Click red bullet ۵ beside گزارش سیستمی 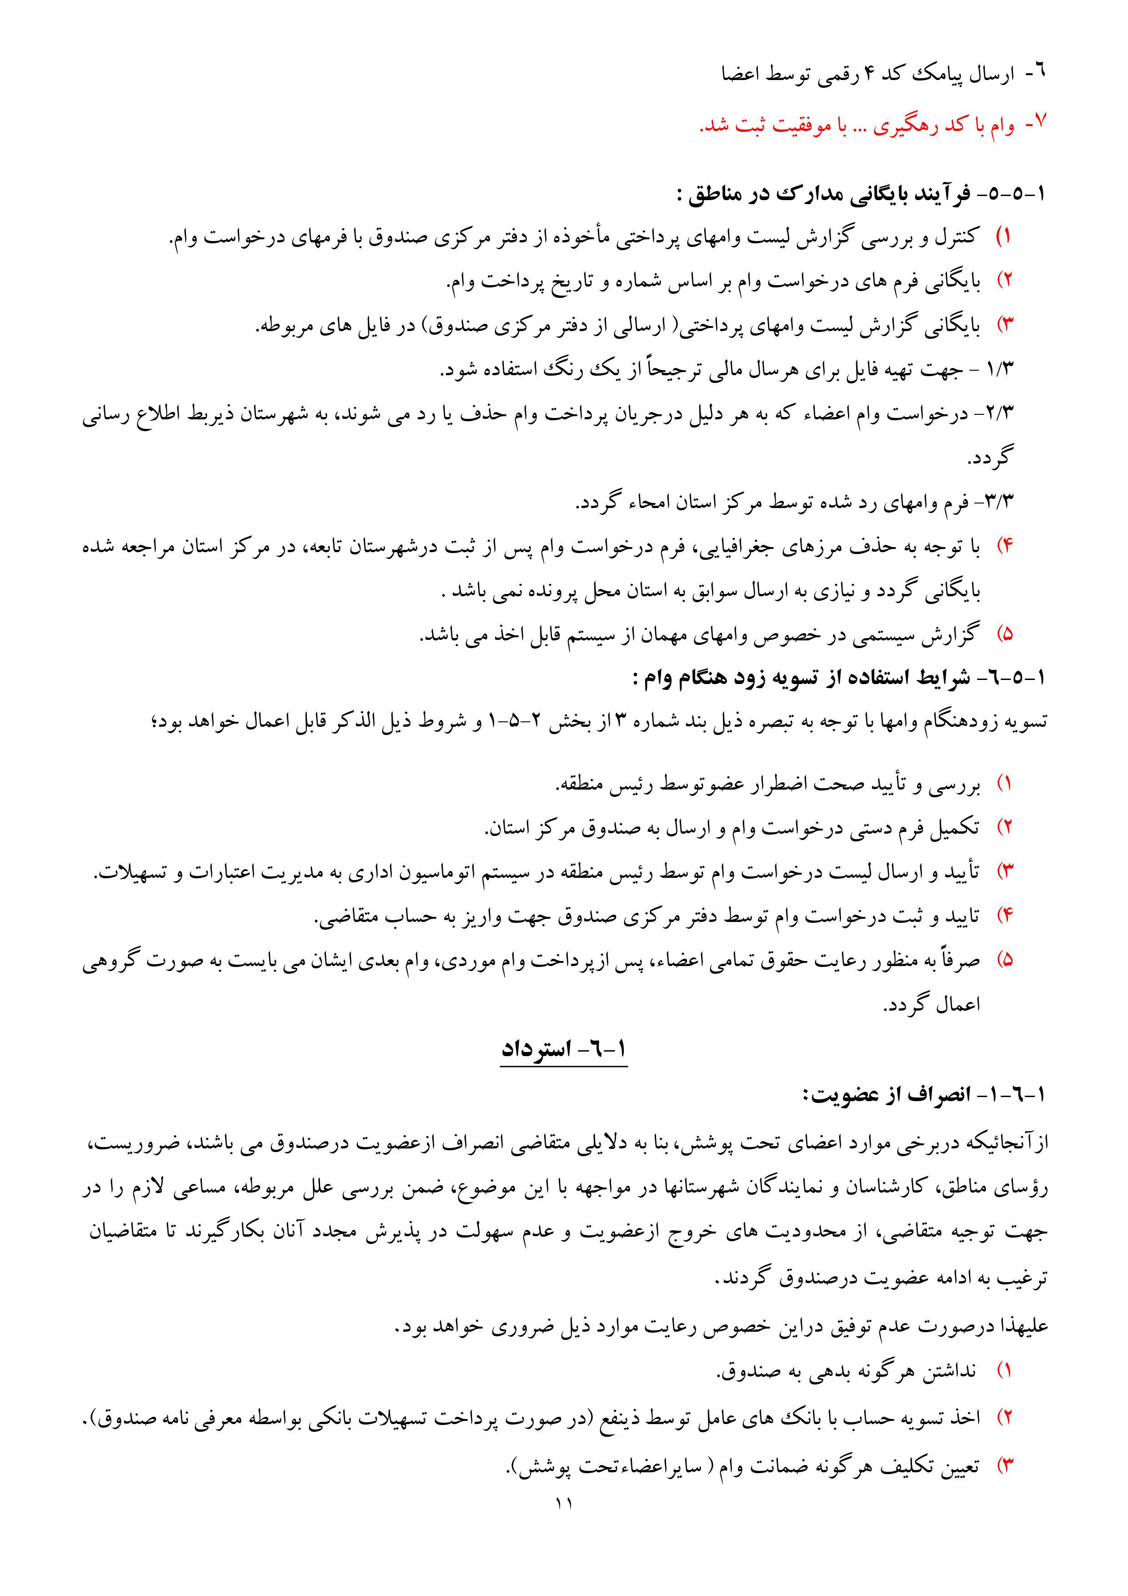[1007, 634]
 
